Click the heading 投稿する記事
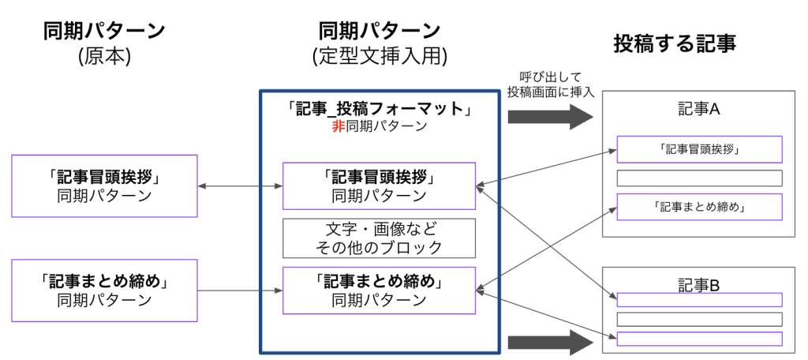[675, 44]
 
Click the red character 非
[338, 126]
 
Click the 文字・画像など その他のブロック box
[379, 238]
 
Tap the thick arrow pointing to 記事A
[550, 117]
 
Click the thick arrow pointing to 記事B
[550, 343]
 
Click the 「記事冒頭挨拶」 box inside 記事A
[699, 148]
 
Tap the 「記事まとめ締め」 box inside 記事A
[699, 207]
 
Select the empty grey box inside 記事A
[699, 178]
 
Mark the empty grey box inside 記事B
[699, 319]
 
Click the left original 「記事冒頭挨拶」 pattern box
[103, 186]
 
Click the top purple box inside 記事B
[699, 300]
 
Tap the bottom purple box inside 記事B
[699, 339]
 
